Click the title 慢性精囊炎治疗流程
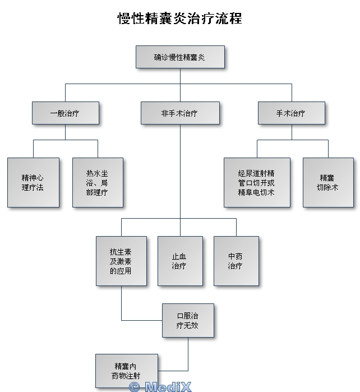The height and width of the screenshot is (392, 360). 179,18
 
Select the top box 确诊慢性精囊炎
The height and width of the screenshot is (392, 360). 180,57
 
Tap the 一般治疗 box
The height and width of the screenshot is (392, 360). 65,113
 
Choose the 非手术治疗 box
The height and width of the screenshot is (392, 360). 179,113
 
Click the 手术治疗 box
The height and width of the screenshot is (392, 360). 291,113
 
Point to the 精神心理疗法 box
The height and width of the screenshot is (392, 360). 33,182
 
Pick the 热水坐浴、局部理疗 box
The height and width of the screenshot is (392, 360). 98,182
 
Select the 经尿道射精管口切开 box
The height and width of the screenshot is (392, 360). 257,182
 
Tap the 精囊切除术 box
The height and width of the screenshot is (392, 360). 328,182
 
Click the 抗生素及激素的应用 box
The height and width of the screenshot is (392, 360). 121,261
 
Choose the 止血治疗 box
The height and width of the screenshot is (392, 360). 179,261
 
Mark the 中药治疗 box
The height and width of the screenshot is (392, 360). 236,261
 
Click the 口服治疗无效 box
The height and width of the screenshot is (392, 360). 188,320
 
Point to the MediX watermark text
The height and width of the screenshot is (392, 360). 168,386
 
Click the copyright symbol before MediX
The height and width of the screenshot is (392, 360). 134,387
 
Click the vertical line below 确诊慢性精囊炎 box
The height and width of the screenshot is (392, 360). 180,76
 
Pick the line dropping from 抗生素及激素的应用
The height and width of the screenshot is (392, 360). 122,303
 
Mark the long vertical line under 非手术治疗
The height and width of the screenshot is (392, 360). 180,168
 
